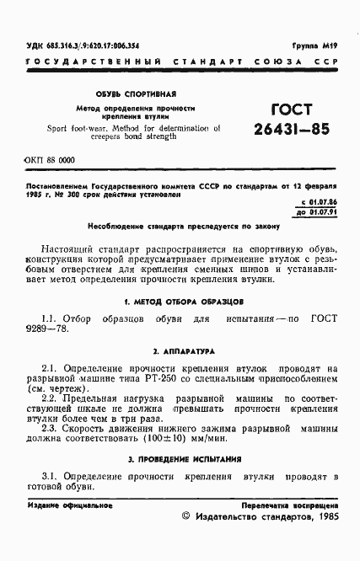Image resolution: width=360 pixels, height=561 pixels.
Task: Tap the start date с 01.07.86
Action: pos(319,203)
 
